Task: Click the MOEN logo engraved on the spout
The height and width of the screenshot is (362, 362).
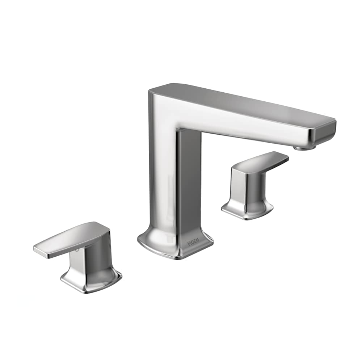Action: point(193,243)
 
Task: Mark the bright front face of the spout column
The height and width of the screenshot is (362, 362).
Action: point(163,174)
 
